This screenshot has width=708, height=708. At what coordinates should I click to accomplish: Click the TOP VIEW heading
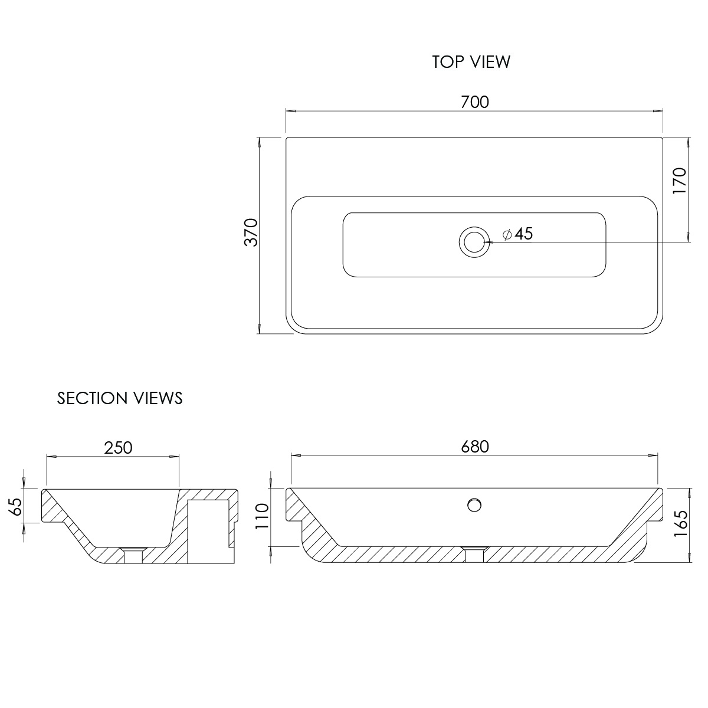(x=471, y=62)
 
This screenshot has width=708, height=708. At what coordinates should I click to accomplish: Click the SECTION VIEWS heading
(x=120, y=398)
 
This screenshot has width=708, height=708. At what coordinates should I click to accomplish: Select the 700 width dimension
(x=475, y=102)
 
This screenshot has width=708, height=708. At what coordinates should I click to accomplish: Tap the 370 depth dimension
(x=251, y=232)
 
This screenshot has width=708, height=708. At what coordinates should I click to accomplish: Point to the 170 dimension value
(x=680, y=181)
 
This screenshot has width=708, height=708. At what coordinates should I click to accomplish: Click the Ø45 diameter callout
(x=517, y=234)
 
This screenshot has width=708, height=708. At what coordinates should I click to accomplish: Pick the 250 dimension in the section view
(x=119, y=448)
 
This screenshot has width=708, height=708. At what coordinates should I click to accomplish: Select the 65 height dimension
(x=16, y=507)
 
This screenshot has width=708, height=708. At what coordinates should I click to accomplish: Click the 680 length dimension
(x=475, y=447)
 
